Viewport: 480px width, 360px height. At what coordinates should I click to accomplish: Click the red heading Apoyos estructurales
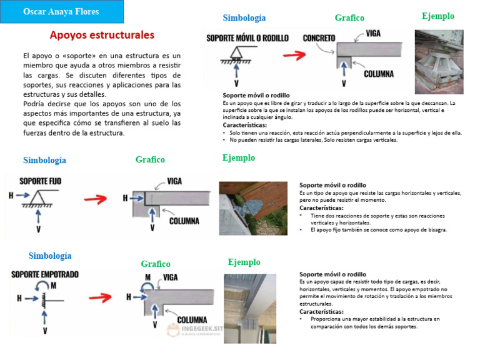point(102,35)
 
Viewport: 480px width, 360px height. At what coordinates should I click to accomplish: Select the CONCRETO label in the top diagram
point(319,38)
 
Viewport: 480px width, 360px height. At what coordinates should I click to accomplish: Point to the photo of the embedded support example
point(249,307)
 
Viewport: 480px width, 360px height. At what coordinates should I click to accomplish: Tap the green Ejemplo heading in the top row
point(438,16)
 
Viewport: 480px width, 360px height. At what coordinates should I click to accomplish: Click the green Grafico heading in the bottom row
point(155,264)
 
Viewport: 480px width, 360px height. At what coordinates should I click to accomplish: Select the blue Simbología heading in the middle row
point(44,160)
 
